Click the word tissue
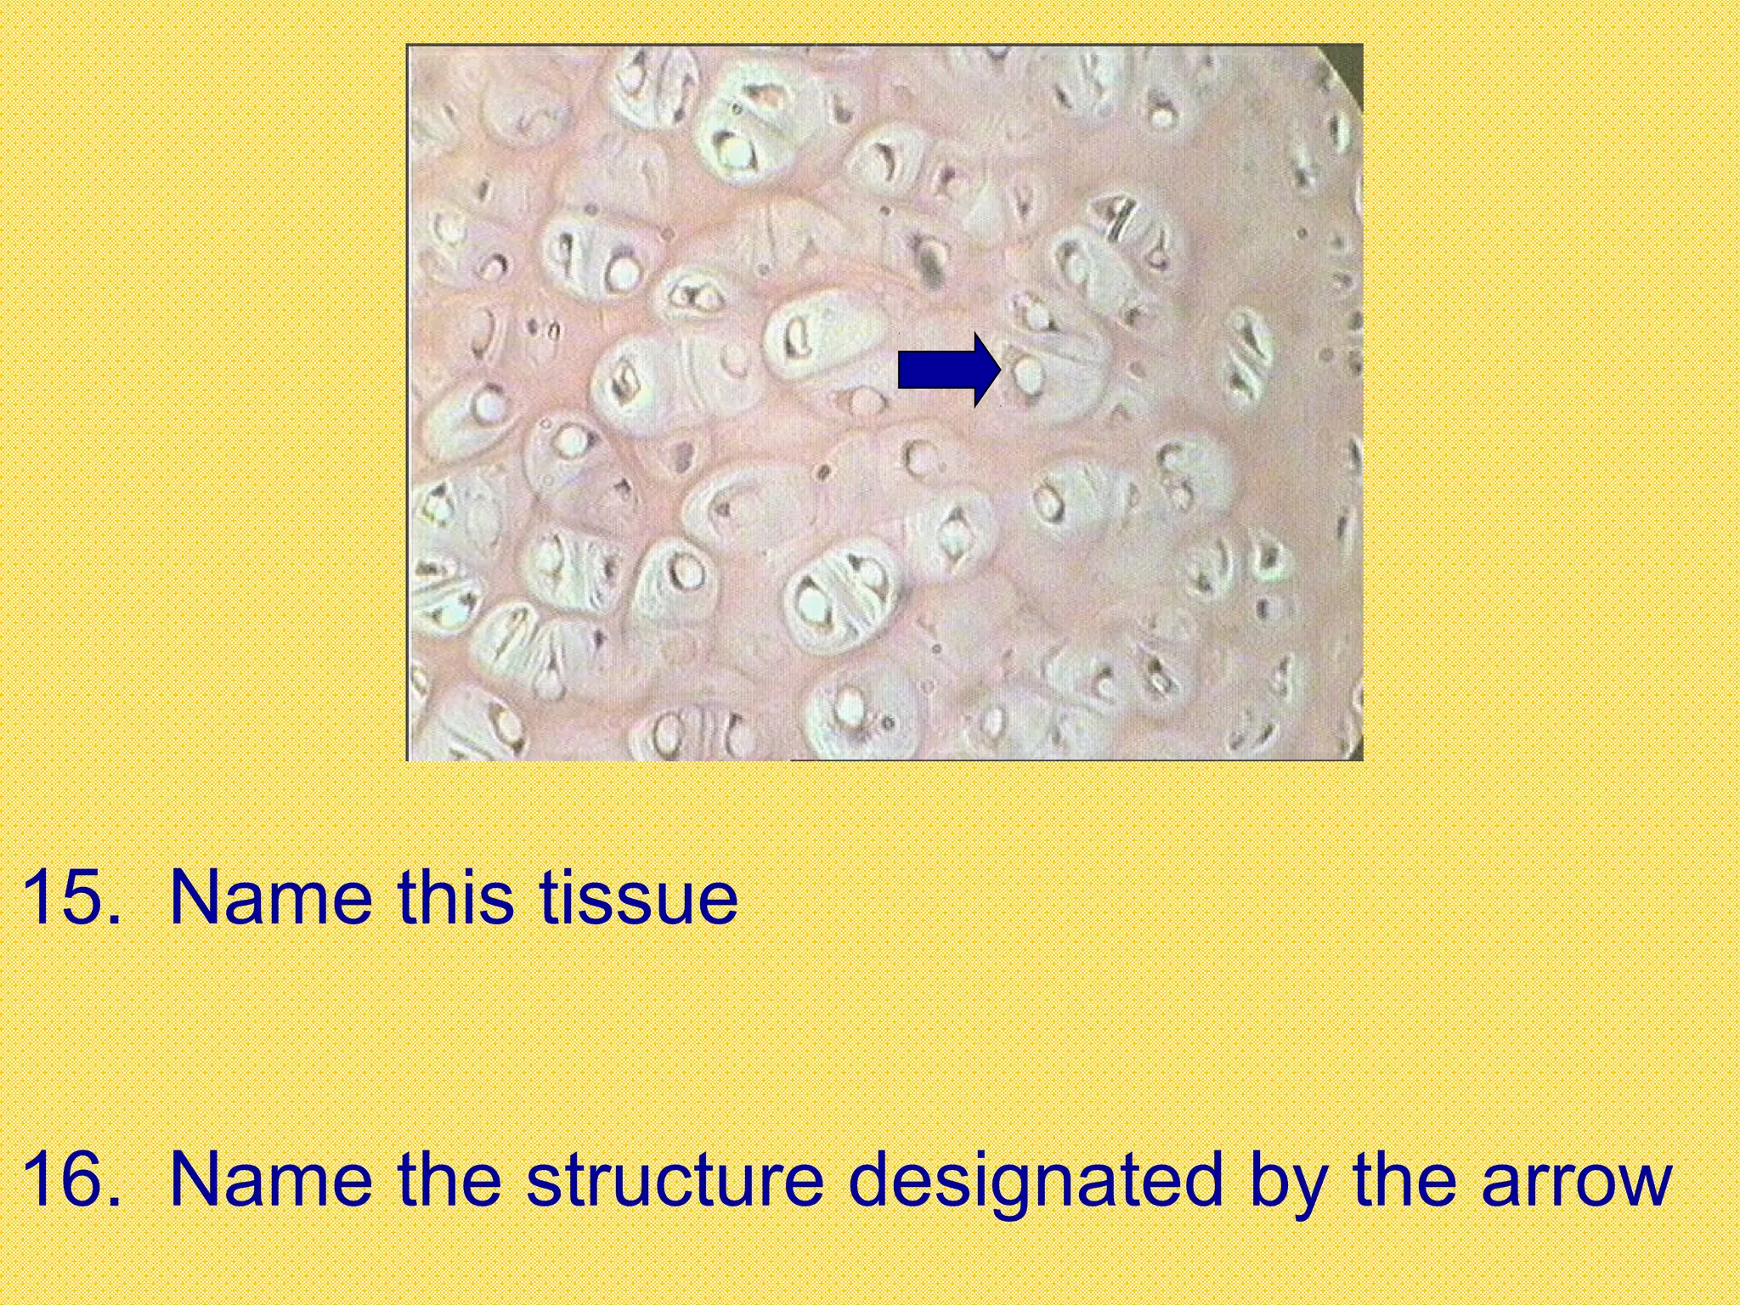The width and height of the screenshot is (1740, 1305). coord(638,897)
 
